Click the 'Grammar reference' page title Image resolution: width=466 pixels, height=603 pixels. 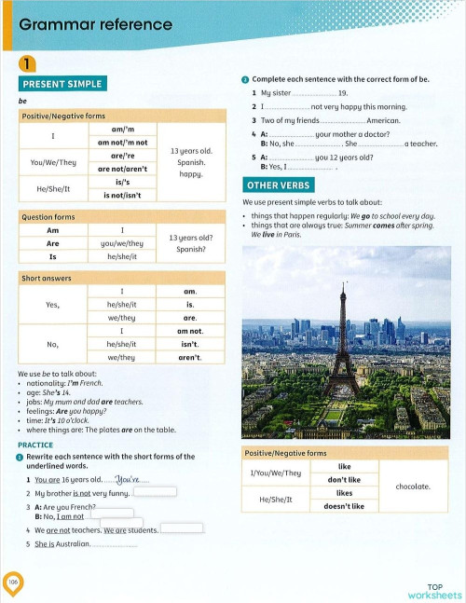pyautogui.click(x=96, y=25)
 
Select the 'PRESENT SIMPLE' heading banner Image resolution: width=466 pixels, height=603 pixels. pyautogui.click(x=62, y=84)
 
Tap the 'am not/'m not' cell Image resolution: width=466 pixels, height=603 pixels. pyautogui.click(x=123, y=143)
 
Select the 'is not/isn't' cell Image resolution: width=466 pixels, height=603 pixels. pyautogui.click(x=123, y=195)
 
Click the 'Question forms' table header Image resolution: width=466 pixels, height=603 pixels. pyautogui.click(x=48, y=216)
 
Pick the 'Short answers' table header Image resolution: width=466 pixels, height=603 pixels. pyautogui.click(x=47, y=278)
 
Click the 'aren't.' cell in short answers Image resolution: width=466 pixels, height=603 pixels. pyautogui.click(x=190, y=357)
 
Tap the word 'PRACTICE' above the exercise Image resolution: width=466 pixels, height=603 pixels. pyautogui.click(x=35, y=445)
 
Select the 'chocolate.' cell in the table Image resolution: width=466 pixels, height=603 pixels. pyautogui.click(x=413, y=487)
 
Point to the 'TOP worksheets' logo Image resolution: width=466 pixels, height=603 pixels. pyautogui.click(x=433, y=592)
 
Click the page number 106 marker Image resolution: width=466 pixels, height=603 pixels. pyautogui.click(x=13, y=582)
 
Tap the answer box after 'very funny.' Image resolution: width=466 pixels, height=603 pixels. pyautogui.click(x=155, y=492)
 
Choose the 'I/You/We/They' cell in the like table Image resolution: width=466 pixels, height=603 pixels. pyautogui.click(x=276, y=473)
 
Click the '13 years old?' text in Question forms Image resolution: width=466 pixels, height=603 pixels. pyautogui.click(x=191, y=238)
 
